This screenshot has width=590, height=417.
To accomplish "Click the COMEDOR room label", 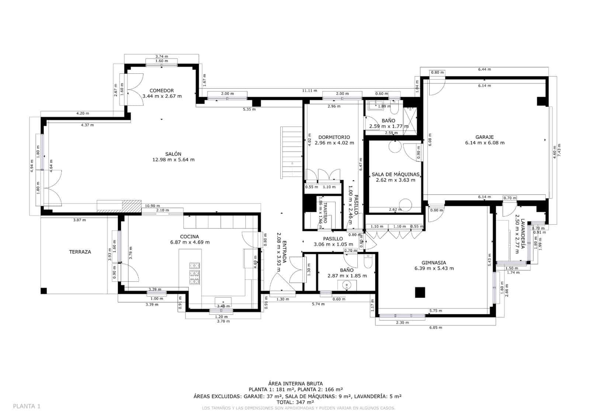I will tap(162, 90).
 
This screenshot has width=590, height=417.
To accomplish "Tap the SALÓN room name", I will tap(173, 154).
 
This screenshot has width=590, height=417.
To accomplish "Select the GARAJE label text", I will tap(485, 137).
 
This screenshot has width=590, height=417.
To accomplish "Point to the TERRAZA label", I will tap(80, 252).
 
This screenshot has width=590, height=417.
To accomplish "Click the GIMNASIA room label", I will tap(434, 263).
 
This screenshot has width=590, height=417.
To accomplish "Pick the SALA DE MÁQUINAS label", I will tap(395, 174).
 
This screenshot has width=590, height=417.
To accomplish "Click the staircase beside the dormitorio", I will tap(292, 152).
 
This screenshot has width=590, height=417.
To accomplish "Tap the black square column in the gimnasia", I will tap(420, 292).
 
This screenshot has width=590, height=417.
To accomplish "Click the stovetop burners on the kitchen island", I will tap(194, 273).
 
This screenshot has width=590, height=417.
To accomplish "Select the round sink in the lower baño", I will tap(347, 285).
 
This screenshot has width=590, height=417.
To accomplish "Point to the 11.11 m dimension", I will tap(309, 90).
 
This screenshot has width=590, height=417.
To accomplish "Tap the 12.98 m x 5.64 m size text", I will tap(173, 160).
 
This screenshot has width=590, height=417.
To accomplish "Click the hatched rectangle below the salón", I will tap(131, 206).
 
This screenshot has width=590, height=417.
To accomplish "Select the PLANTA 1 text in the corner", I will tap(27, 406).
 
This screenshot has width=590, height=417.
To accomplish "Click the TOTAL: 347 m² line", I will tap(296, 402).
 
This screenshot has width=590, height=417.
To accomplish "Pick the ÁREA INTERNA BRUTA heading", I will tap(296, 384).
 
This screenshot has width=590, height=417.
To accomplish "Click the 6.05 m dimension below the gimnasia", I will tap(435, 327).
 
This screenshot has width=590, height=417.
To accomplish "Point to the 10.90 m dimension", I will tap(152, 206).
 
